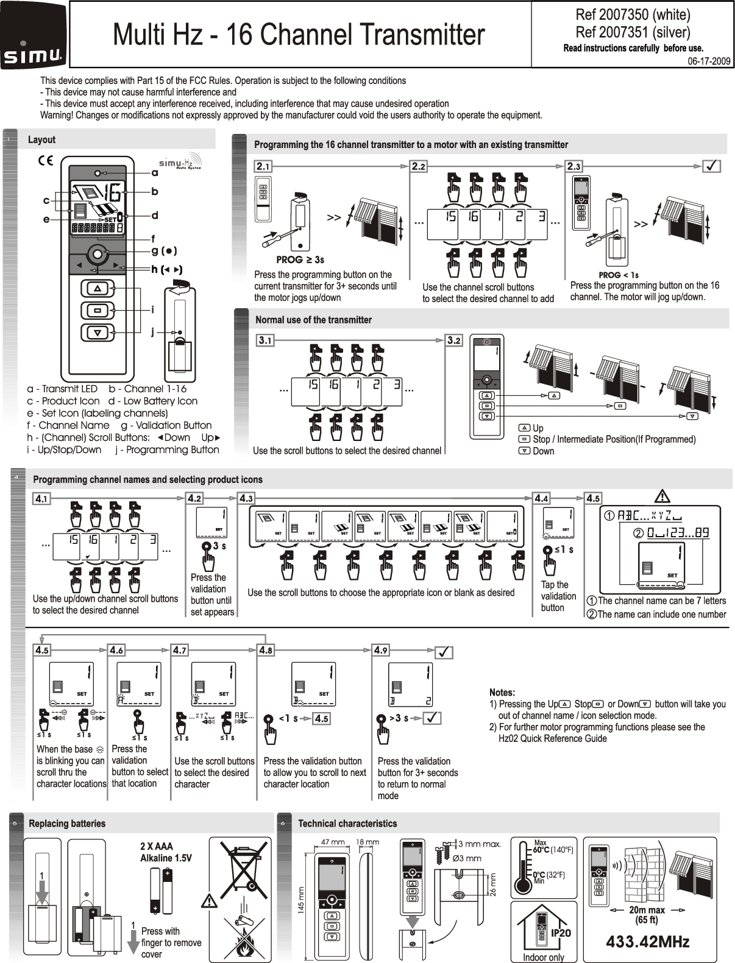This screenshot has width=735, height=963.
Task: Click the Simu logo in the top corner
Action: click(35, 35)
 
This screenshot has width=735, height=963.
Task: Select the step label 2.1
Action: click(263, 166)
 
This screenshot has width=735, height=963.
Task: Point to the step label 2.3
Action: click(574, 166)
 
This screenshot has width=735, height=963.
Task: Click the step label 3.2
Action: click(454, 340)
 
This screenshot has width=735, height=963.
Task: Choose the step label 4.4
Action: click(541, 498)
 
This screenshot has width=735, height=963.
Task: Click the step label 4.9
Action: click(381, 650)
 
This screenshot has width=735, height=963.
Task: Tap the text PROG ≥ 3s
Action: click(300, 260)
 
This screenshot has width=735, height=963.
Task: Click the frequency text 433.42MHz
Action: click(647, 942)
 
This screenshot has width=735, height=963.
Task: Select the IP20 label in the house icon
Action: click(561, 933)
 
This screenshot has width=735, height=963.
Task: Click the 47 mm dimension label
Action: click(333, 842)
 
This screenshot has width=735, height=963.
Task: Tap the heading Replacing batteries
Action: click(67, 824)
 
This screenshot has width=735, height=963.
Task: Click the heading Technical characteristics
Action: click(347, 824)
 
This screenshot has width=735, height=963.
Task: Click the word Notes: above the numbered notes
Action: click(502, 693)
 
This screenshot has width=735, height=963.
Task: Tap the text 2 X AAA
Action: click(157, 846)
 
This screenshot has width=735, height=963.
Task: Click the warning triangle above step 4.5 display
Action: click(662, 496)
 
